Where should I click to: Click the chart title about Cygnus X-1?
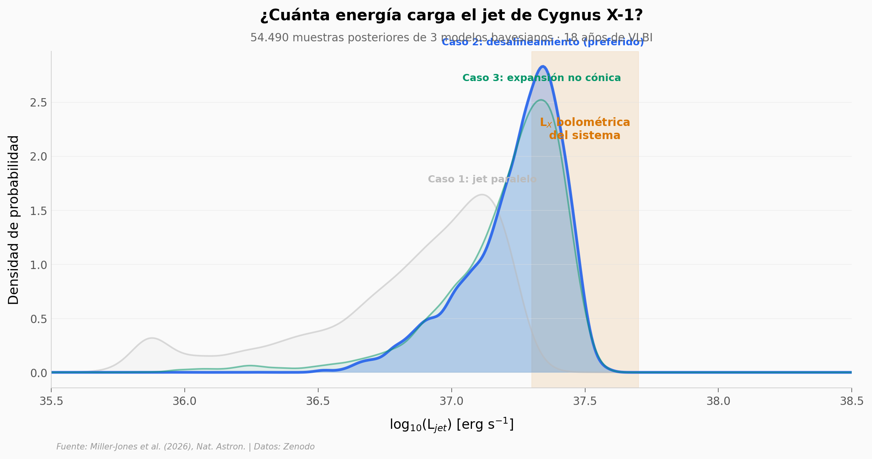click(x=451, y=15)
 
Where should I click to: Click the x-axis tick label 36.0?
click(x=185, y=401)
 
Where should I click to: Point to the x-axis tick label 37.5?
click(x=585, y=401)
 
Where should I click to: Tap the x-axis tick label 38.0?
click(x=718, y=401)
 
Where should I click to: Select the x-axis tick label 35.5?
click(x=51, y=401)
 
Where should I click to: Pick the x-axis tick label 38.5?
click(x=852, y=401)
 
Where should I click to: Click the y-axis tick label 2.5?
click(x=39, y=103)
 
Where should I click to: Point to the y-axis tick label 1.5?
click(x=39, y=211)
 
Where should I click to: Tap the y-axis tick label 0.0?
click(x=39, y=373)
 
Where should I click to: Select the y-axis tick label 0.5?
click(x=39, y=319)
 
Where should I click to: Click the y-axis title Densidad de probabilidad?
click(x=14, y=220)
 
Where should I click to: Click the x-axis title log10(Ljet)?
click(x=451, y=425)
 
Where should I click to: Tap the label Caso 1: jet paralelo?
click(x=482, y=179)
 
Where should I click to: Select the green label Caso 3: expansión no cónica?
click(x=541, y=78)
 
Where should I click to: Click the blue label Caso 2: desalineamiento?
click(x=543, y=42)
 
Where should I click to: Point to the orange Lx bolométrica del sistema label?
click(x=585, y=129)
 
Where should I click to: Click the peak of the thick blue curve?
click(x=543, y=66)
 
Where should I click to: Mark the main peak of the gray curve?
click(x=482, y=194)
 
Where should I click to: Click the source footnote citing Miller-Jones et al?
click(x=186, y=447)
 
